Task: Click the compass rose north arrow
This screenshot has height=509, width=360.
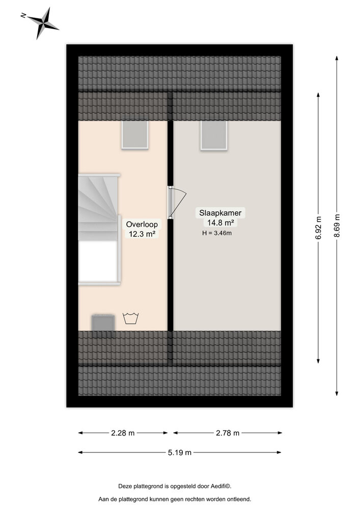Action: pos(40,23)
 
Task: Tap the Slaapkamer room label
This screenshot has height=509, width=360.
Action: pos(220,213)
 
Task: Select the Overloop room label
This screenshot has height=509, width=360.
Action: pos(142,224)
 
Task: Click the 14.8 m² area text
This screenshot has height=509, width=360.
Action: pos(220,223)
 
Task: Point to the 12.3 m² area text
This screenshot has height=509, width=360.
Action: pos(142,234)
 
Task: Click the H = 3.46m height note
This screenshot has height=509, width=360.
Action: pos(217,233)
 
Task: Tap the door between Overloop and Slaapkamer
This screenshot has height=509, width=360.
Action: pos(177,202)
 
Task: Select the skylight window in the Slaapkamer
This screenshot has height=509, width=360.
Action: pos(213,135)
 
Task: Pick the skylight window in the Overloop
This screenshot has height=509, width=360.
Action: pos(135,135)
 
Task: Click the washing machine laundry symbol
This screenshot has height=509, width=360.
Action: pos(130,319)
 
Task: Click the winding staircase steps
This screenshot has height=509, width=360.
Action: pos(98,208)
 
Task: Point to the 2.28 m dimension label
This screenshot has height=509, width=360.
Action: pos(123,433)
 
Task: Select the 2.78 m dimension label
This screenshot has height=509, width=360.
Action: pos(228,433)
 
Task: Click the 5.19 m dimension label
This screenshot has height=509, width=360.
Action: pos(180,452)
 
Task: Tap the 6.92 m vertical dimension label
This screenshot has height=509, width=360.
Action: pos(318,228)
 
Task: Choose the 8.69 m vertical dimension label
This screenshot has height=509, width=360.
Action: pos(337,225)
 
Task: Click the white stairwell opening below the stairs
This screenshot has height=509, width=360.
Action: pos(98,261)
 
